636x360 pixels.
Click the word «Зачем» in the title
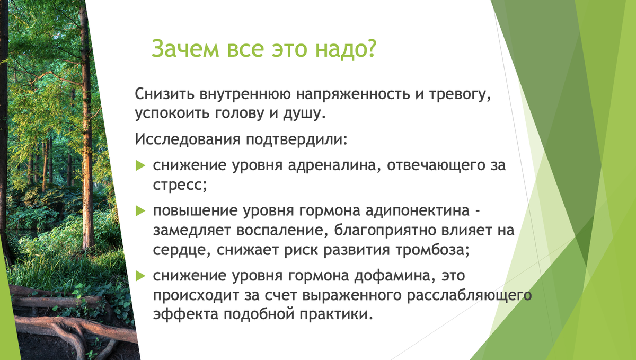point(185,48)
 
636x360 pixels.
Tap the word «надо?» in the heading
point(346,49)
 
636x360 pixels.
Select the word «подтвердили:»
point(297,139)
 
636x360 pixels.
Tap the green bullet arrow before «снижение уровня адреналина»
point(140,165)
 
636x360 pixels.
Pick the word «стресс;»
point(180,185)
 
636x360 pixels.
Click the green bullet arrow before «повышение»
point(140,211)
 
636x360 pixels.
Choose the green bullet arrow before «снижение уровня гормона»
point(140,276)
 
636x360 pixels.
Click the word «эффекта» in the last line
point(185,314)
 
